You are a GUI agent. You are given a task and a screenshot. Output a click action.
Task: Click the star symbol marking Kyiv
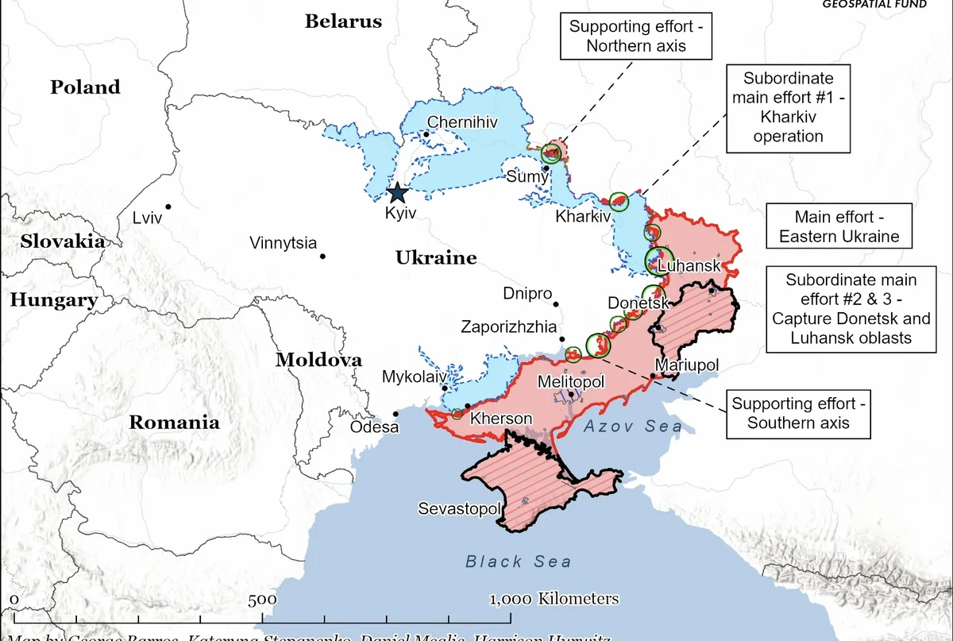coord(397,193)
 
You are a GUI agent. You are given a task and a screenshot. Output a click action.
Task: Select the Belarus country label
coord(343,21)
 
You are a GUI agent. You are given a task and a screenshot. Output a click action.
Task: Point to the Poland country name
coord(85,87)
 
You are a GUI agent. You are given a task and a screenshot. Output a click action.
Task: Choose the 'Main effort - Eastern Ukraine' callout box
coord(839,226)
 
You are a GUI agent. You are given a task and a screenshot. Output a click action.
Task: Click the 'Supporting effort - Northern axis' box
coord(636,36)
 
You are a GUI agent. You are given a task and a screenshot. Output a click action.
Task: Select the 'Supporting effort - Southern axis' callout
coord(797,413)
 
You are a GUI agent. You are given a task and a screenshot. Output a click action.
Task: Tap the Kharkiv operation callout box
coord(788,107)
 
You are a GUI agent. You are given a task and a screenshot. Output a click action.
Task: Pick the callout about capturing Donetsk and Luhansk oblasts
coord(851,309)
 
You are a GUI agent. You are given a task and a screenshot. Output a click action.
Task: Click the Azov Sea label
coord(632,427)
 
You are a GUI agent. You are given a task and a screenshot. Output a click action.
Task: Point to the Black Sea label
coord(518,562)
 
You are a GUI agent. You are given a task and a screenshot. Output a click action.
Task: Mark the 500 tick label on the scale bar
coord(262,600)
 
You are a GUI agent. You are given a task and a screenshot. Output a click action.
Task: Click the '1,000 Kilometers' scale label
coord(554,598)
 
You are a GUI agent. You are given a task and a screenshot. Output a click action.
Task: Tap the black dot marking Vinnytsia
coord(322,256)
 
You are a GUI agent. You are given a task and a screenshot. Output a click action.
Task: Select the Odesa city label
coord(374,427)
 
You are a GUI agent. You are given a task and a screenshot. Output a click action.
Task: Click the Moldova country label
coord(318,360)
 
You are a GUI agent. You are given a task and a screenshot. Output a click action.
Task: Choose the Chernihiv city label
coord(462,122)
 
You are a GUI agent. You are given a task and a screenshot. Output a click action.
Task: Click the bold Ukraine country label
coord(436,257)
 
